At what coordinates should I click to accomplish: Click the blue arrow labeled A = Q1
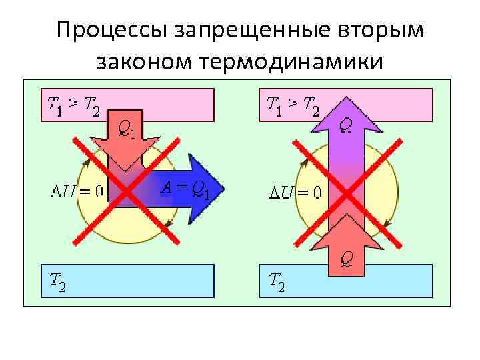200,189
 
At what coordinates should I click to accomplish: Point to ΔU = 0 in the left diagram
76,193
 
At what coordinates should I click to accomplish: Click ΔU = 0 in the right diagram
294,193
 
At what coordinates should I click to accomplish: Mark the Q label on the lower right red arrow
347,254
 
